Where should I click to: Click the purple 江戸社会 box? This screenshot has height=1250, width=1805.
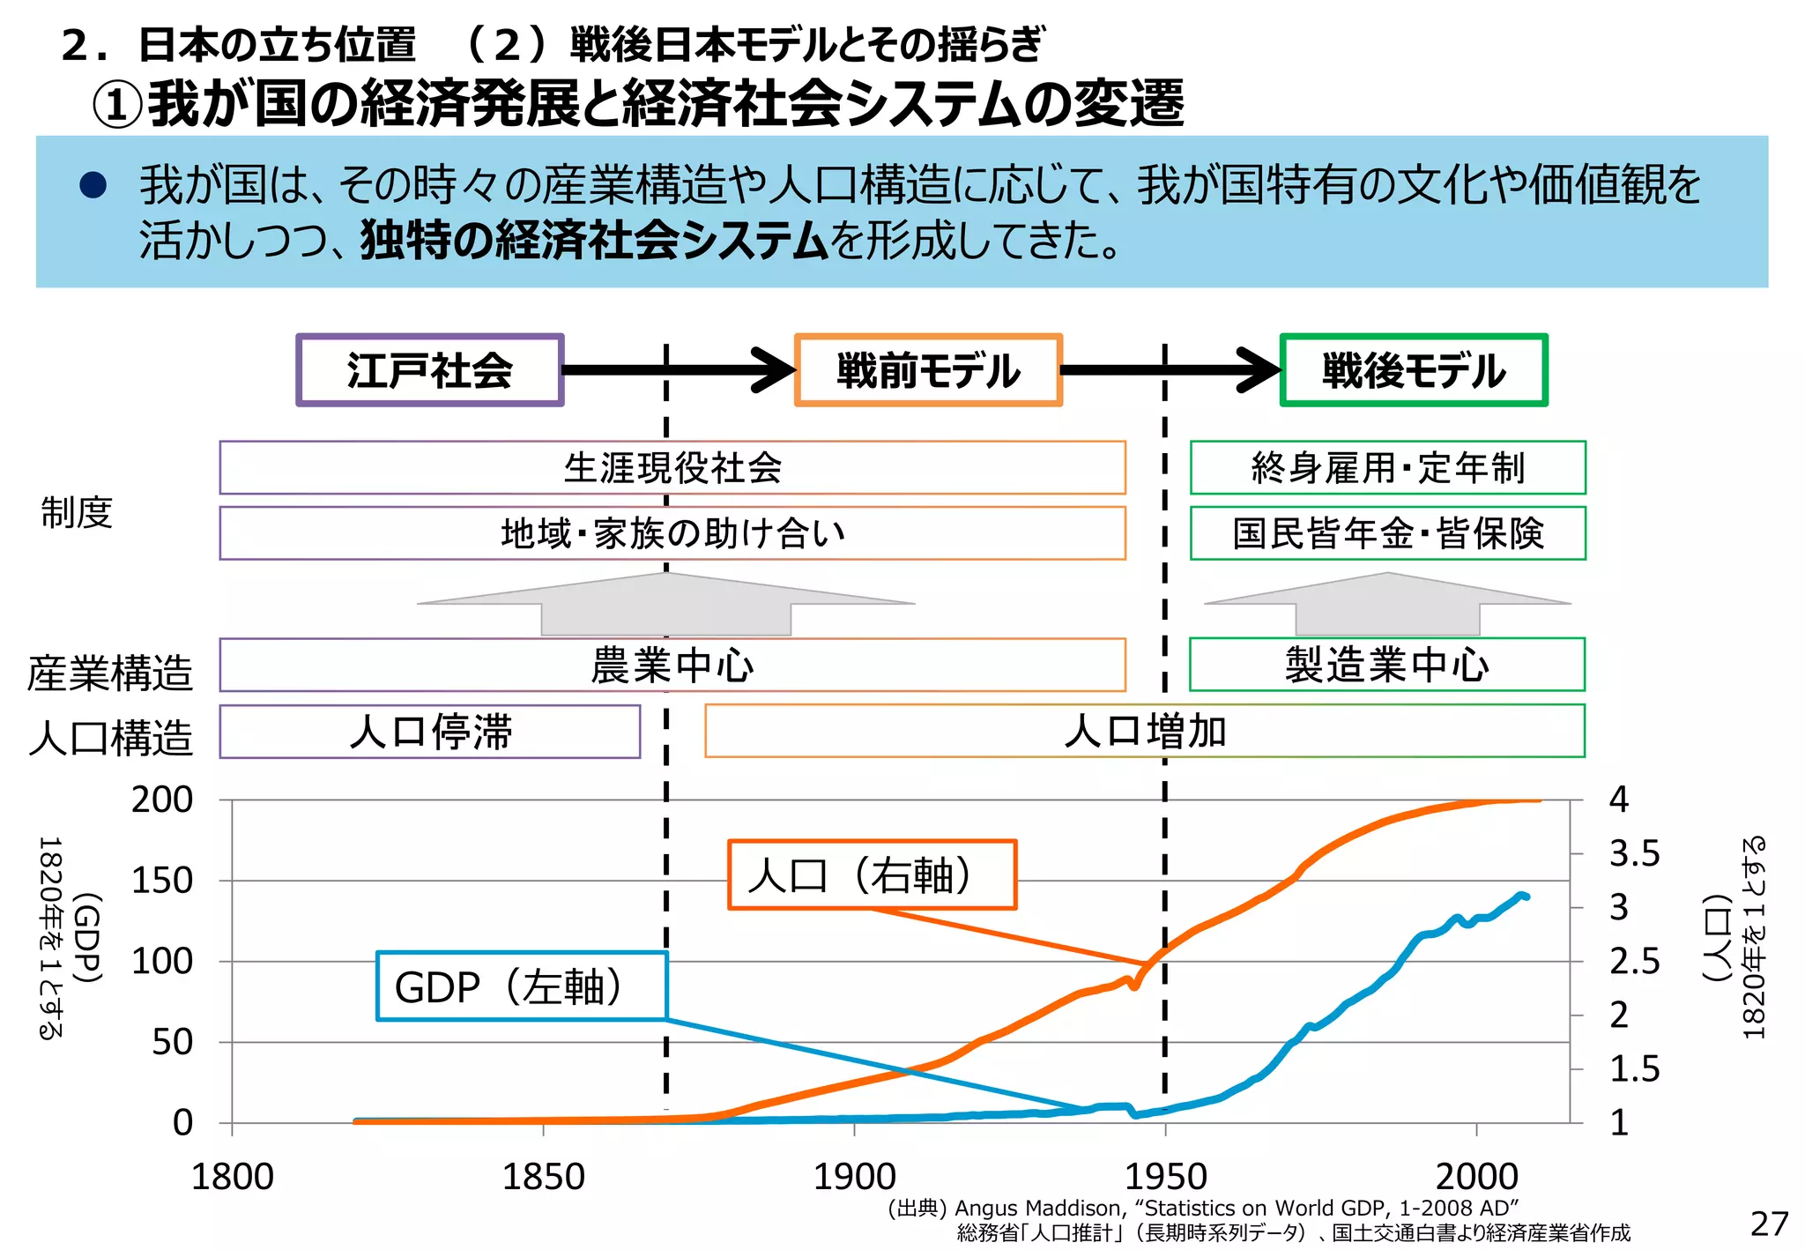pos(430,370)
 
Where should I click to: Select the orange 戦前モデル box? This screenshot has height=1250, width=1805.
pos(928,370)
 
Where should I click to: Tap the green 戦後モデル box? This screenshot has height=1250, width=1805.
pos(1413,370)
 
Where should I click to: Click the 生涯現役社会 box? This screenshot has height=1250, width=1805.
pos(672,467)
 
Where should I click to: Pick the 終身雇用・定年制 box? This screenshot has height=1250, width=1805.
pos(1387,467)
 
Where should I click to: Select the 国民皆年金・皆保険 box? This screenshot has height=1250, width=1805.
pos(1387,533)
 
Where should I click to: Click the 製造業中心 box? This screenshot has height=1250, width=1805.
pos(1386,665)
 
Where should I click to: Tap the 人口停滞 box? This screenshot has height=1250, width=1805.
pos(430,732)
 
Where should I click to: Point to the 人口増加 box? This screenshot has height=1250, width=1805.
pos(1144,731)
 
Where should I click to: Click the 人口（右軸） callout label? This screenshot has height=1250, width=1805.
pos(872,874)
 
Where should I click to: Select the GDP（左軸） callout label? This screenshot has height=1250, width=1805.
pos(521,986)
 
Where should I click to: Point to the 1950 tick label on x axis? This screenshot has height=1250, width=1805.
pos(1165,1177)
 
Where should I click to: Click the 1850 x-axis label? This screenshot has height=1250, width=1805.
pos(543,1177)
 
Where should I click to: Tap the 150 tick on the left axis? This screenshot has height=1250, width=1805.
pos(162,880)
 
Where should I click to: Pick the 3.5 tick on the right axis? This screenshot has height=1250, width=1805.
pos(1634,853)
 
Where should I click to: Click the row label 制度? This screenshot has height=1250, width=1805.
pos(78,512)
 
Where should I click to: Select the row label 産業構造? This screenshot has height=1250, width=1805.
pos(110,673)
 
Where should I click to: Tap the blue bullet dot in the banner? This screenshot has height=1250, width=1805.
pos(93,184)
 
